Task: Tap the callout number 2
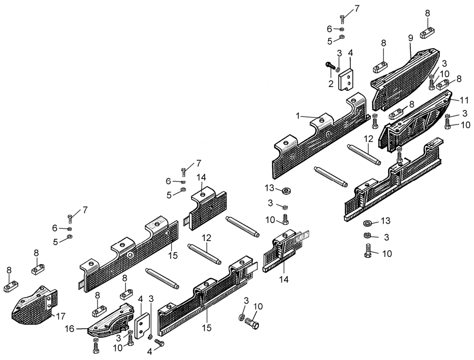pyautogui.click(x=331, y=83)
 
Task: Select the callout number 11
pyautogui.click(x=465, y=100)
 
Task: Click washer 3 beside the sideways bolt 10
pyautogui.click(x=241, y=317)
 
